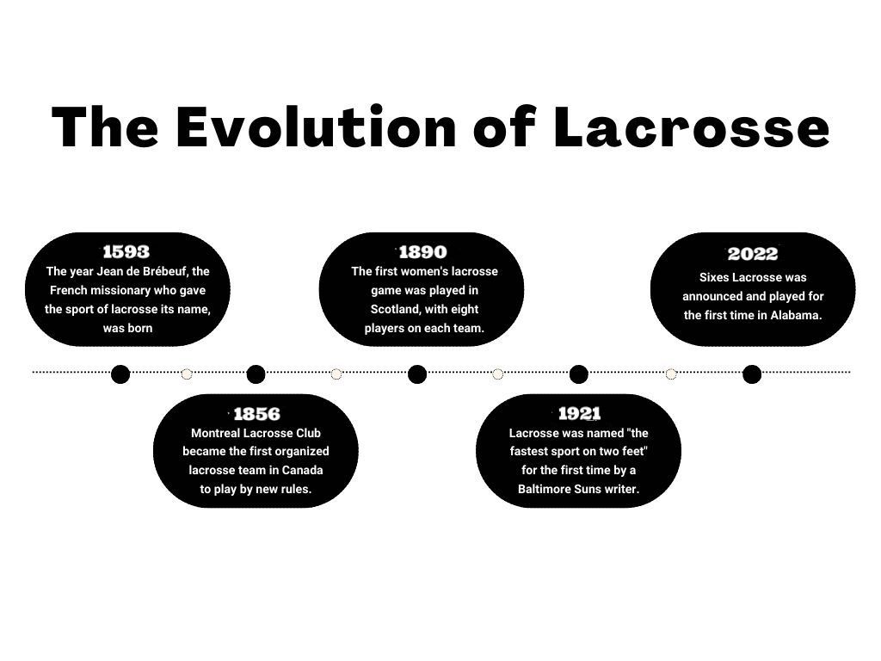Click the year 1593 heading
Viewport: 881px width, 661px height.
(x=126, y=252)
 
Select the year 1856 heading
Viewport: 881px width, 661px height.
(x=256, y=414)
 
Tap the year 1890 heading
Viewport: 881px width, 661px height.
(x=422, y=252)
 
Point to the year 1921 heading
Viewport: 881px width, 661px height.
(x=579, y=414)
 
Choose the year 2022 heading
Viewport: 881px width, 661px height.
(x=752, y=254)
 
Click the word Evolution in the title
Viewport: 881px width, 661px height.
(x=316, y=127)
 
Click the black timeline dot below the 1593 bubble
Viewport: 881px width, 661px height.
(x=120, y=374)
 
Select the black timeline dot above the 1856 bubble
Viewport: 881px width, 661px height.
(x=256, y=374)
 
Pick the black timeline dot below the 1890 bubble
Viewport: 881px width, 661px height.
(x=417, y=374)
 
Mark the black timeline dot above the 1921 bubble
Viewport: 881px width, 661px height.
(x=579, y=374)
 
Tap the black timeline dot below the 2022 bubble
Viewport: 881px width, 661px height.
(x=752, y=374)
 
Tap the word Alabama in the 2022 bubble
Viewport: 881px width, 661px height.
(x=795, y=315)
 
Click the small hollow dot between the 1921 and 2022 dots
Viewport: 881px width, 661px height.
(x=671, y=374)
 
